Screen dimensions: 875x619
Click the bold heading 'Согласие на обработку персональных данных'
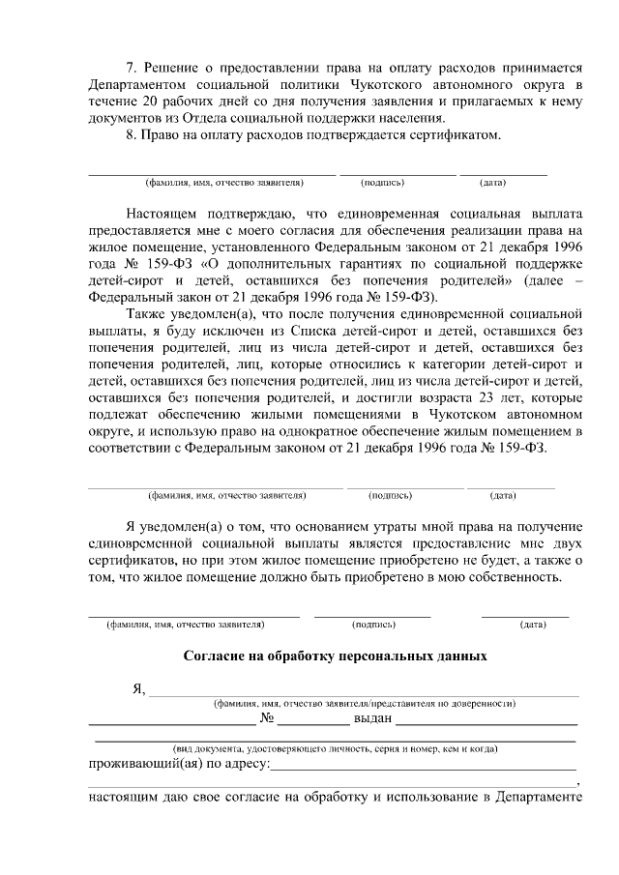[x=335, y=656]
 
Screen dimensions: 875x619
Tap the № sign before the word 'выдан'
[x=268, y=719]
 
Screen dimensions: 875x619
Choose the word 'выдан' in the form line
[x=372, y=719]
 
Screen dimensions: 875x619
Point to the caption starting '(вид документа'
[x=335, y=748]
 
